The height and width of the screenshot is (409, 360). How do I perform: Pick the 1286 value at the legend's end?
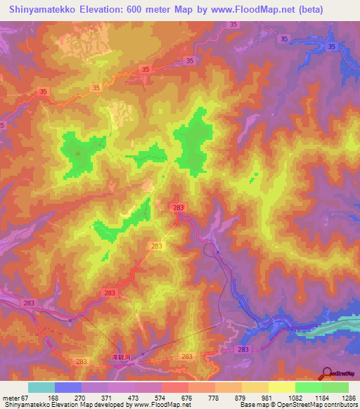[x=347, y=397]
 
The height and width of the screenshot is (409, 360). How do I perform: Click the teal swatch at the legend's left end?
[x=41, y=387]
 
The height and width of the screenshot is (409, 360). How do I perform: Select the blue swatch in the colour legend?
[x=67, y=387]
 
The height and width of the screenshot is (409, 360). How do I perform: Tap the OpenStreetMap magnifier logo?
[x=327, y=373]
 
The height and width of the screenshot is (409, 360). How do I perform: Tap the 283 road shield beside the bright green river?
[x=243, y=349]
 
